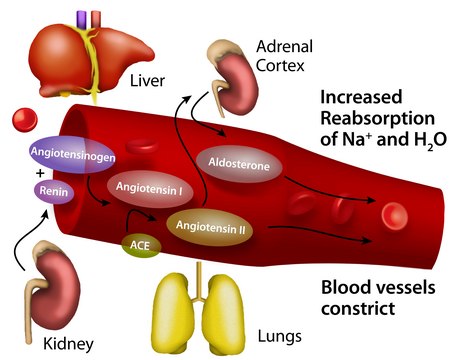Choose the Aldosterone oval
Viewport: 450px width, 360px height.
click(238, 163)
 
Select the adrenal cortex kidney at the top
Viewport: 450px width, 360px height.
click(233, 70)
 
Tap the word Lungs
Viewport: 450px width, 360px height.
click(281, 337)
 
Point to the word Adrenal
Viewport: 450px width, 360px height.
click(285, 46)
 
